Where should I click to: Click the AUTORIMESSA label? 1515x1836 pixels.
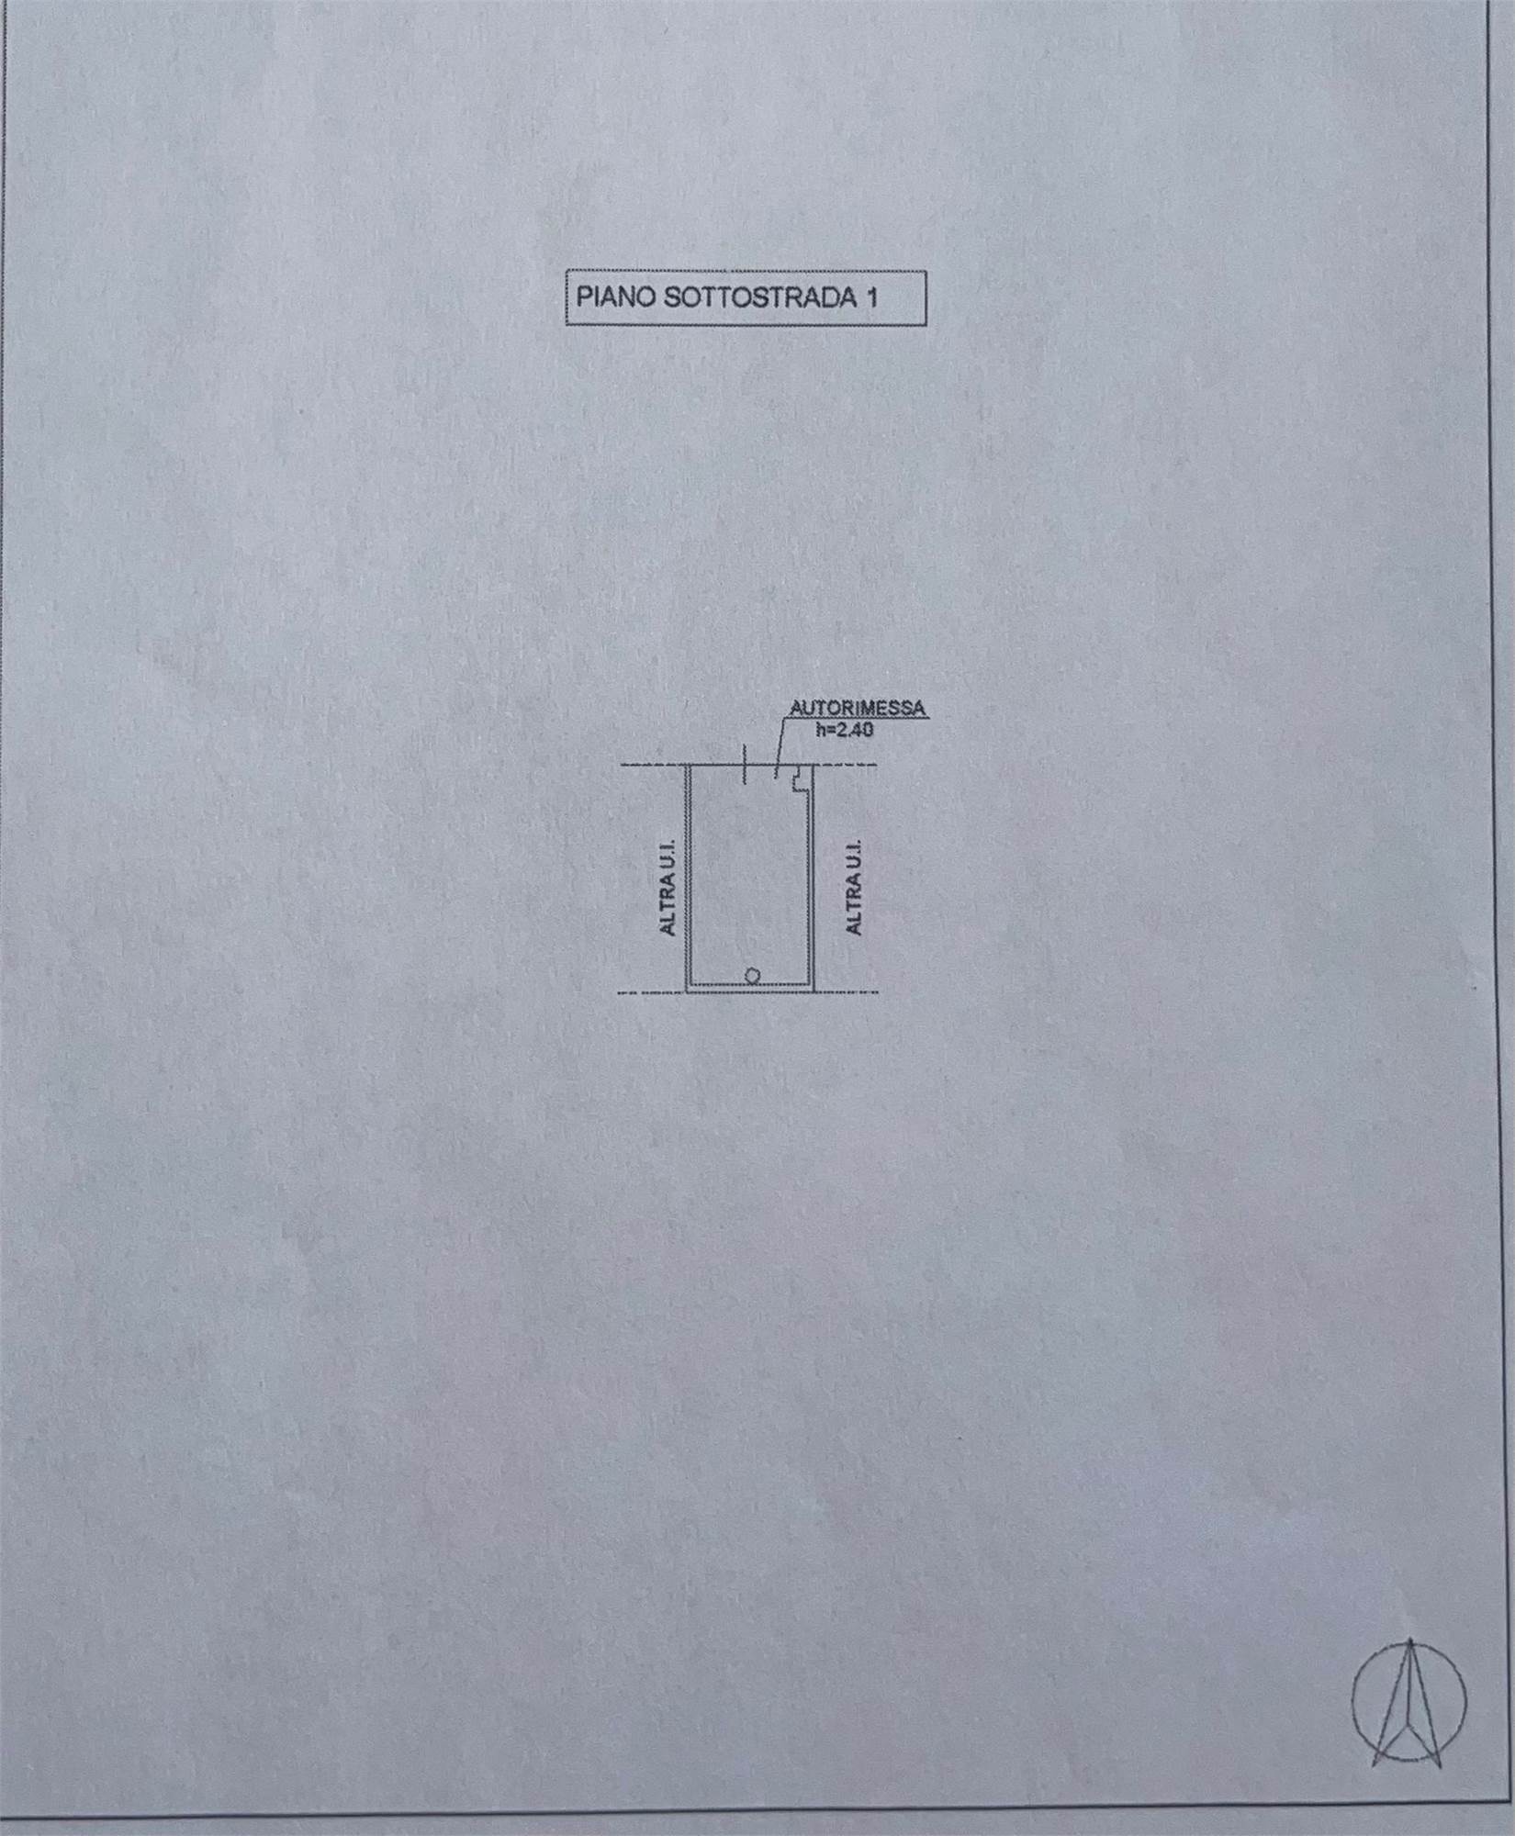858,709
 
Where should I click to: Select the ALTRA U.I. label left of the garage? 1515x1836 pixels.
668,886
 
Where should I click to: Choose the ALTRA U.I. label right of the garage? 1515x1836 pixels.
855,886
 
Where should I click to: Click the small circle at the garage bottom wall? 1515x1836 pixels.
752,975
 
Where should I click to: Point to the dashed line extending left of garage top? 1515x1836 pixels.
655,765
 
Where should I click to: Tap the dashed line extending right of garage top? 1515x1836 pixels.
846,765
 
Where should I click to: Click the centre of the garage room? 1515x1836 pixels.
750,877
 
